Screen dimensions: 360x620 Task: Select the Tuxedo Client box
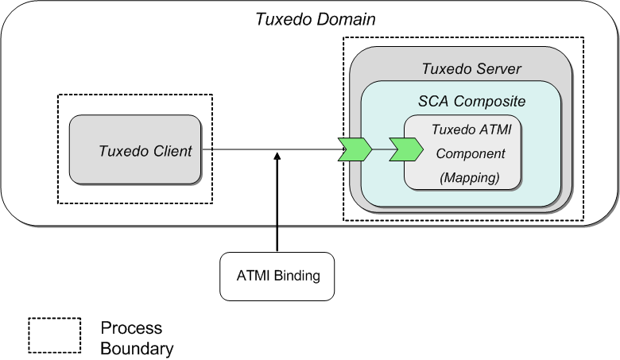point(134,150)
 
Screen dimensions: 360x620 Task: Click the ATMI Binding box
point(277,277)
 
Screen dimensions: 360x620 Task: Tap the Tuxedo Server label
point(471,69)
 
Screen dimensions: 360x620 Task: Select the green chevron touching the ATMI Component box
point(405,149)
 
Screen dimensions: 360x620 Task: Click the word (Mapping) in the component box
point(470,178)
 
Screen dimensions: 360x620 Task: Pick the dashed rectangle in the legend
point(55,335)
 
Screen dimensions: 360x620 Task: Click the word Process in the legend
point(131,327)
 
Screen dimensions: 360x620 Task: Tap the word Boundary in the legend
point(137,347)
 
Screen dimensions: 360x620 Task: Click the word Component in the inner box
point(469,153)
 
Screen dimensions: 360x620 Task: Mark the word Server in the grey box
point(497,69)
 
